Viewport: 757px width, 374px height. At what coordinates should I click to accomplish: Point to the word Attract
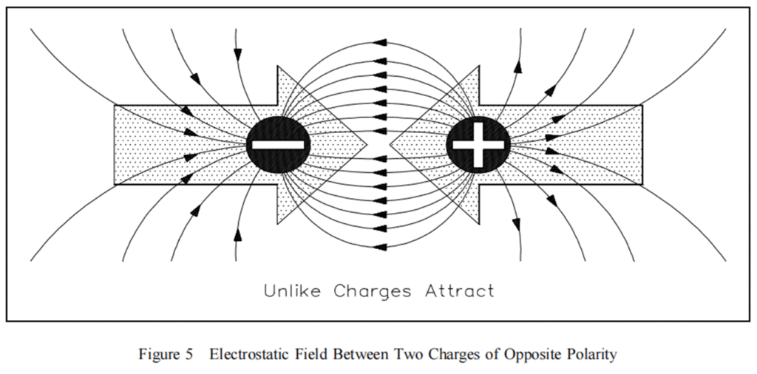(x=459, y=290)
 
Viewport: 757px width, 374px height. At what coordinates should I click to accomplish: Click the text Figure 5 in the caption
(x=166, y=354)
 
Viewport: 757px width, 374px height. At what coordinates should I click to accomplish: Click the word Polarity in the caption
(x=592, y=354)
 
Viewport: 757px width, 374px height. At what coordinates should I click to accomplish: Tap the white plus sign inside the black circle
(x=478, y=143)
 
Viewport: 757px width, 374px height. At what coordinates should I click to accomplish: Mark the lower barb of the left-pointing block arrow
(x=478, y=220)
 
